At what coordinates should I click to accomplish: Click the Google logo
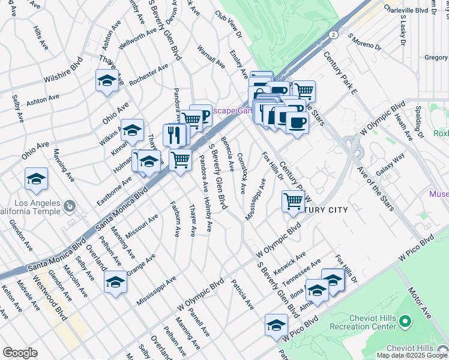(20, 353)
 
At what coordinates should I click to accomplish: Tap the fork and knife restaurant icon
(173, 134)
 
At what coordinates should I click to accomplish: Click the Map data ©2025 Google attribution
(411, 355)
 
